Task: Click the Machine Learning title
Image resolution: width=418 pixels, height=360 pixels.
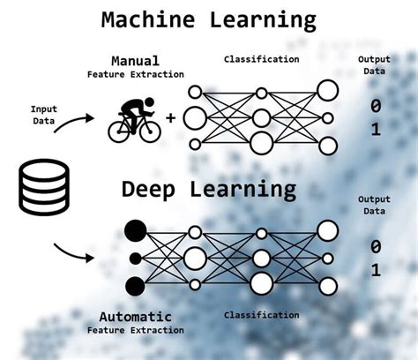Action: [x=208, y=19]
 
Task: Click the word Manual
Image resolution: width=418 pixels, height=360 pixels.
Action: [x=135, y=61]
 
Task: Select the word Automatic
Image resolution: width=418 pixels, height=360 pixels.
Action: [x=135, y=316]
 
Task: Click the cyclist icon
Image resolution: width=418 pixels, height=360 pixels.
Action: [x=135, y=119]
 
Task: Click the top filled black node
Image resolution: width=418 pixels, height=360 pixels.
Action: [x=135, y=231]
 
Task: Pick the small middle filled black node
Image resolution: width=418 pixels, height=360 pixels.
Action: [x=135, y=259]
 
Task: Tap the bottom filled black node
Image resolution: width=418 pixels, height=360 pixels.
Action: [x=135, y=286]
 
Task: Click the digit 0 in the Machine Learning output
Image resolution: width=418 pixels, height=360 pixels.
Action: [x=376, y=105]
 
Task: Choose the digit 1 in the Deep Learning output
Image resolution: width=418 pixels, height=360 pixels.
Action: [x=376, y=270]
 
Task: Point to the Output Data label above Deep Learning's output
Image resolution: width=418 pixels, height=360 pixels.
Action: [x=373, y=205]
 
